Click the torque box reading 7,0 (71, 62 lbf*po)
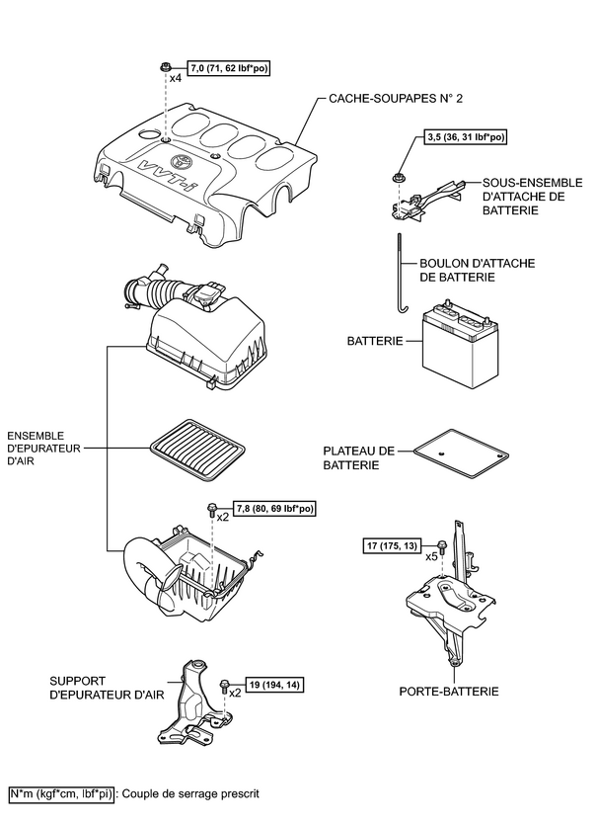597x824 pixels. pos(228,68)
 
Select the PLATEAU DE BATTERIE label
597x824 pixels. pos(359,457)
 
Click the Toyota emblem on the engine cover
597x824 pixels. pos(182,162)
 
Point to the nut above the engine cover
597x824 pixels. pos(165,67)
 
